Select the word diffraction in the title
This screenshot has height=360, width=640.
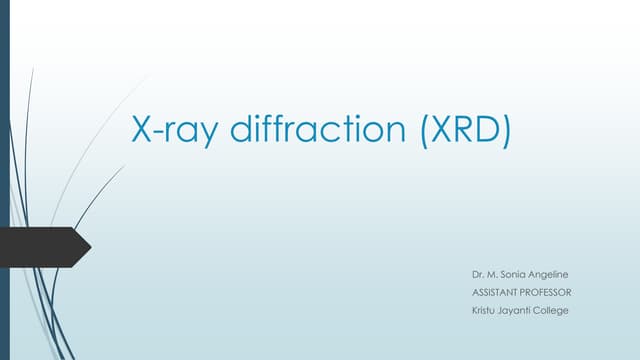coord(300,128)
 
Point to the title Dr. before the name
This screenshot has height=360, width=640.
coord(477,274)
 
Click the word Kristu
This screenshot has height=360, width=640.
coord(484,310)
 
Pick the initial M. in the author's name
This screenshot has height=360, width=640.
coord(494,274)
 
